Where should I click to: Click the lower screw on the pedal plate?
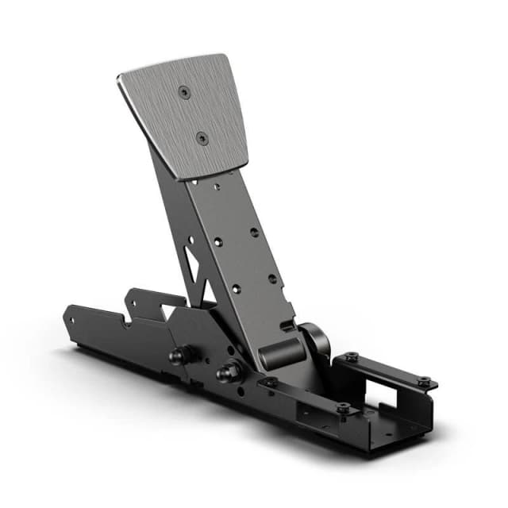[x=202, y=137]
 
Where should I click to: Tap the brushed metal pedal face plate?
[x=187, y=115]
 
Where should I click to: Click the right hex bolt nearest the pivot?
[x=229, y=369]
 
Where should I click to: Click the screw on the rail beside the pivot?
[x=270, y=382]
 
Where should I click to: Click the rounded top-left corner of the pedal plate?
[x=121, y=78]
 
